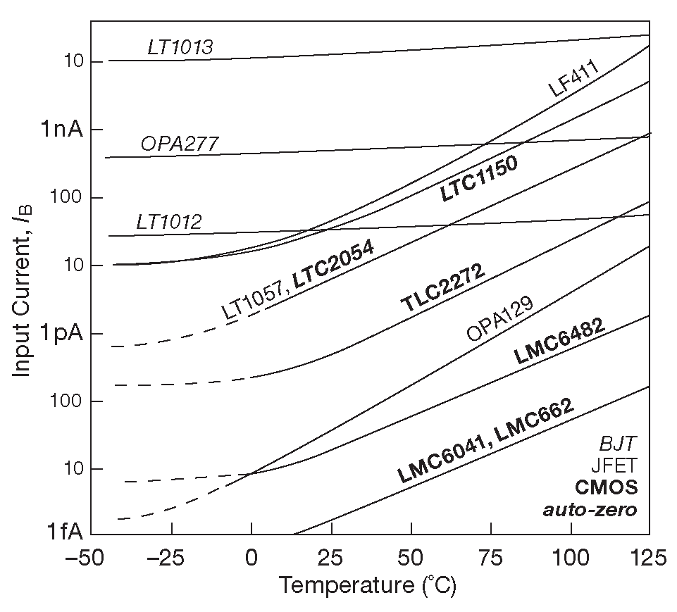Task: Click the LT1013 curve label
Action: (x=180, y=47)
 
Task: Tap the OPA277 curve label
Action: (x=179, y=144)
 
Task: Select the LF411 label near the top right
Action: (x=573, y=79)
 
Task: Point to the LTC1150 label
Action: (x=479, y=179)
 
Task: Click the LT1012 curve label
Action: (x=169, y=223)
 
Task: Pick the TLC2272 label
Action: (x=443, y=289)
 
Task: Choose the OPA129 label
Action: (x=499, y=318)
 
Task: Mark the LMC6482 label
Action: (x=561, y=341)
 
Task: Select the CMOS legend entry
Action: (x=607, y=487)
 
